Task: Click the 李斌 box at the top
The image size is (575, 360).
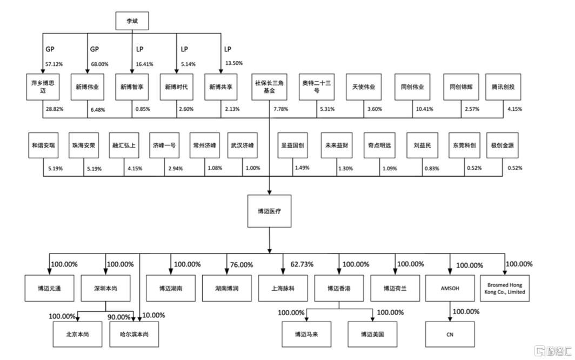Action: click(132, 21)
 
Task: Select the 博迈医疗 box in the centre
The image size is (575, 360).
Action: click(270, 211)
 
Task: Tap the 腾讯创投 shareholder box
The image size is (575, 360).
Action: click(503, 87)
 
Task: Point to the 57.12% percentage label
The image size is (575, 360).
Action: click(54, 64)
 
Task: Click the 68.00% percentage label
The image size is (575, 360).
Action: click(100, 64)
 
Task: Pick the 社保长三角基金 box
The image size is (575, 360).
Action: click(269, 87)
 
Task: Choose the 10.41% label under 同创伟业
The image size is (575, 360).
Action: click(425, 109)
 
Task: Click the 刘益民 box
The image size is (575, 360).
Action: click(422, 145)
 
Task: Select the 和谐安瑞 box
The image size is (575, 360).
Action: click(43, 145)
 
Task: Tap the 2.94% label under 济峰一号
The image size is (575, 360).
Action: click(176, 169)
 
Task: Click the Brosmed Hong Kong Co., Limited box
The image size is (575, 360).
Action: click(505, 289)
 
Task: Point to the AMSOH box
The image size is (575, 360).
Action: click(450, 289)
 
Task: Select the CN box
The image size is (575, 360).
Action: click(450, 334)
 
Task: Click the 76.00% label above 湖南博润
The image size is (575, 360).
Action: click(241, 264)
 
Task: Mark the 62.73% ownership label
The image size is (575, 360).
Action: click(302, 264)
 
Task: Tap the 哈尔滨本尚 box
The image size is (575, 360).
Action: click(134, 334)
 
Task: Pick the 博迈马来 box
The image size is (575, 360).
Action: click(306, 334)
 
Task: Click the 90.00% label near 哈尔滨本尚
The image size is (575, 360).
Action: click(119, 317)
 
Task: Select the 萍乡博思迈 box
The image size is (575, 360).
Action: click(43, 87)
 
